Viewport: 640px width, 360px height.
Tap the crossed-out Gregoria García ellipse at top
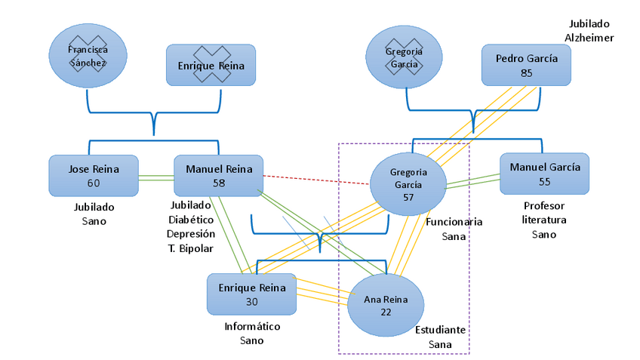(x=405, y=57)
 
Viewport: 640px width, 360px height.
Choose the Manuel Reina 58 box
(x=218, y=176)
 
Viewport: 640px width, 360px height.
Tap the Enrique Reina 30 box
(x=251, y=294)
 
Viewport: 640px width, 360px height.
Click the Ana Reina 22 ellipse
(x=386, y=305)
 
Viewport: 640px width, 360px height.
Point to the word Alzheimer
(x=589, y=38)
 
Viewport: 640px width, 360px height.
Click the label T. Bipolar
(x=190, y=248)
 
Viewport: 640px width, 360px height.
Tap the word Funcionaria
(x=454, y=222)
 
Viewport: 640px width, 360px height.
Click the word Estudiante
(x=440, y=331)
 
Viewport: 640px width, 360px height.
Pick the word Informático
(x=252, y=327)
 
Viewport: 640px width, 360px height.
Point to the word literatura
(x=543, y=220)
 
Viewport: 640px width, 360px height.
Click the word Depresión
(x=190, y=233)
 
